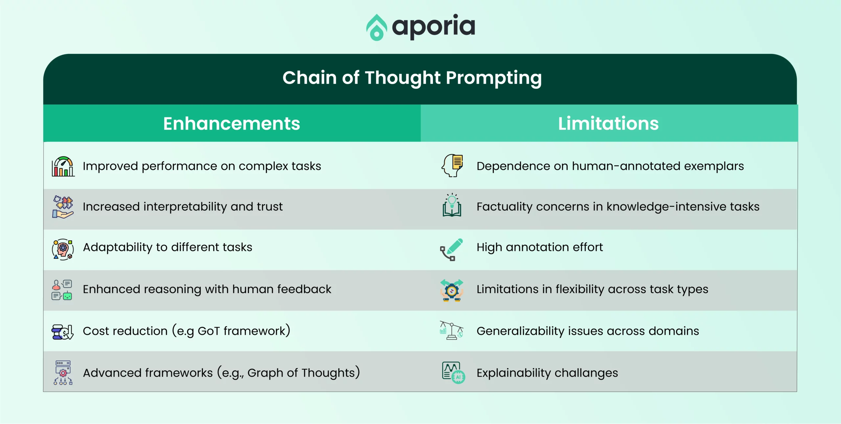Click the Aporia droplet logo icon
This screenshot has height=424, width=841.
tap(376, 27)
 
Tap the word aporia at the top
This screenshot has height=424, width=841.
tap(434, 27)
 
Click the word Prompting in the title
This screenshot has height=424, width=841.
tap(494, 79)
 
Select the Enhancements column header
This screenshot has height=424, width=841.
tap(232, 124)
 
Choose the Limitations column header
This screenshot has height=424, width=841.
tap(608, 124)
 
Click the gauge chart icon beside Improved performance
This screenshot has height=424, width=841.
tap(63, 166)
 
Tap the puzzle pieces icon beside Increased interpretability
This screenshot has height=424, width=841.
tap(63, 207)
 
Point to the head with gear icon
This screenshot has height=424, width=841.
tap(63, 249)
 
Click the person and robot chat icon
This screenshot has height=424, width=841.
tap(62, 290)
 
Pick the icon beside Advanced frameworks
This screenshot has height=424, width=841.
tap(63, 373)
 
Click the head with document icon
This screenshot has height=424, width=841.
tap(452, 166)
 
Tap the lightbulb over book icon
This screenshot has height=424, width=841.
tap(452, 205)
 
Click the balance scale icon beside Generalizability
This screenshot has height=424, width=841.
tap(452, 330)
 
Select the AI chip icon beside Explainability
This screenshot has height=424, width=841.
tap(453, 373)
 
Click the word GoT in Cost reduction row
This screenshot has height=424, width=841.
tap(209, 331)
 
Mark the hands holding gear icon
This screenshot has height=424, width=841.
tap(452, 290)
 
